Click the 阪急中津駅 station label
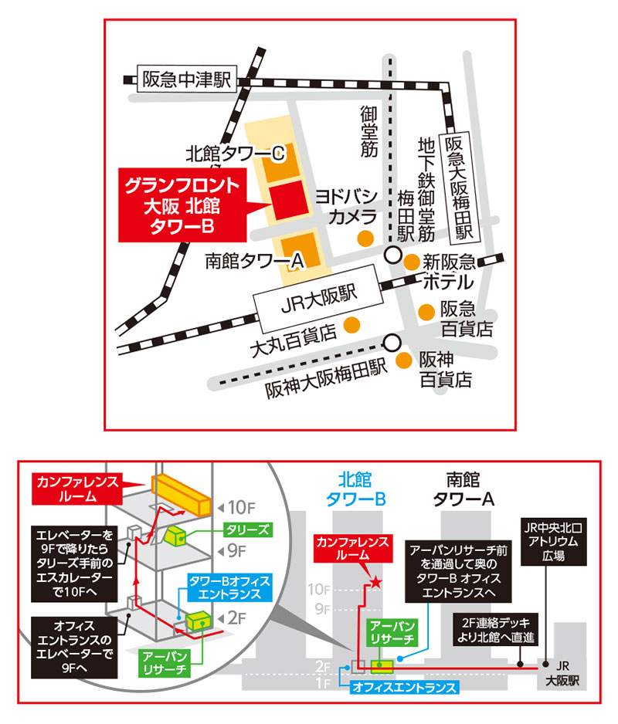pyautogui.click(x=184, y=80)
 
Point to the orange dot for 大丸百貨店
pyautogui.click(x=351, y=323)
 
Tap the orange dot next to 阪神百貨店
pyautogui.click(x=403, y=360)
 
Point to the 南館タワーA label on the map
pyautogui.click(x=253, y=262)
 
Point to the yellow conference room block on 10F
pyautogui.click(x=181, y=494)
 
